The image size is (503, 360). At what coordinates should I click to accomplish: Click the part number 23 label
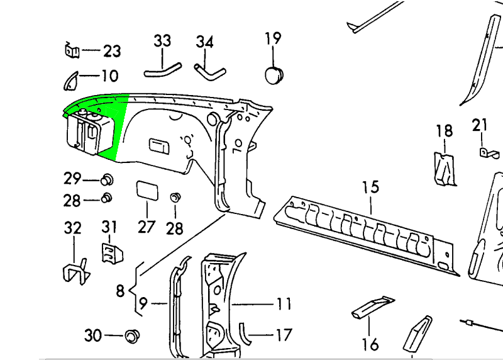coord(112,51)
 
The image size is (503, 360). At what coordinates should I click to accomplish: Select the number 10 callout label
coord(109,76)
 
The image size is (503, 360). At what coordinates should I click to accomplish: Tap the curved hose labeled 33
coord(162,68)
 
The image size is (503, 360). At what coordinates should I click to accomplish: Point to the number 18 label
coord(444,131)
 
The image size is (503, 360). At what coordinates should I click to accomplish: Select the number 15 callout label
coord(370,187)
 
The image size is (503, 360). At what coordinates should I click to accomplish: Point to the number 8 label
coord(119,291)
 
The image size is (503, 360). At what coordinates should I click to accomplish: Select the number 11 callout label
coord(284,305)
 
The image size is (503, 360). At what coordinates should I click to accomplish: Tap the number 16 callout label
coord(370,344)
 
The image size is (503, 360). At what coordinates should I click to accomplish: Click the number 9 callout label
coord(143,304)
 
